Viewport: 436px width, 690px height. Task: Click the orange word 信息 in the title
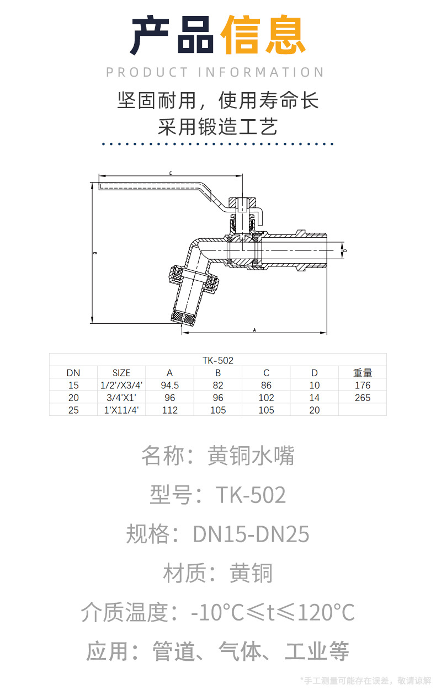(263, 36)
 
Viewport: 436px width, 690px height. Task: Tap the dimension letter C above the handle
(171, 173)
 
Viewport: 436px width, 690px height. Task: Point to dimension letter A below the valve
(254, 330)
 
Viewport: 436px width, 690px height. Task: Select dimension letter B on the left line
(95, 253)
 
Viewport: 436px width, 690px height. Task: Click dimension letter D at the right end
(345, 251)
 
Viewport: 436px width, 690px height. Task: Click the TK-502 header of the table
(218, 361)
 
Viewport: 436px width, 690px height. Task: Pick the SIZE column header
(121, 373)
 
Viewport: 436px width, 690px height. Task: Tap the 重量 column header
(363, 373)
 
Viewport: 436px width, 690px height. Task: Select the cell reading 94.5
(169, 386)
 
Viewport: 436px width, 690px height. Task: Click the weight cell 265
(363, 398)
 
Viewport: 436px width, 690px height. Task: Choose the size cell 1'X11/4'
(121, 410)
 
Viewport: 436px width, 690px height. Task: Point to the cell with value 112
(169, 410)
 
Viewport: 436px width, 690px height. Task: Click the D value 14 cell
(315, 398)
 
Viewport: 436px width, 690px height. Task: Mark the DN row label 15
(73, 386)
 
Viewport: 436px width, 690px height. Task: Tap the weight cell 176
(363, 386)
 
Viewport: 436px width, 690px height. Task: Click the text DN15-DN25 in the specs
(251, 534)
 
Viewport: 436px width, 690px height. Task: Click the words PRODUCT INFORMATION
(215, 72)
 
